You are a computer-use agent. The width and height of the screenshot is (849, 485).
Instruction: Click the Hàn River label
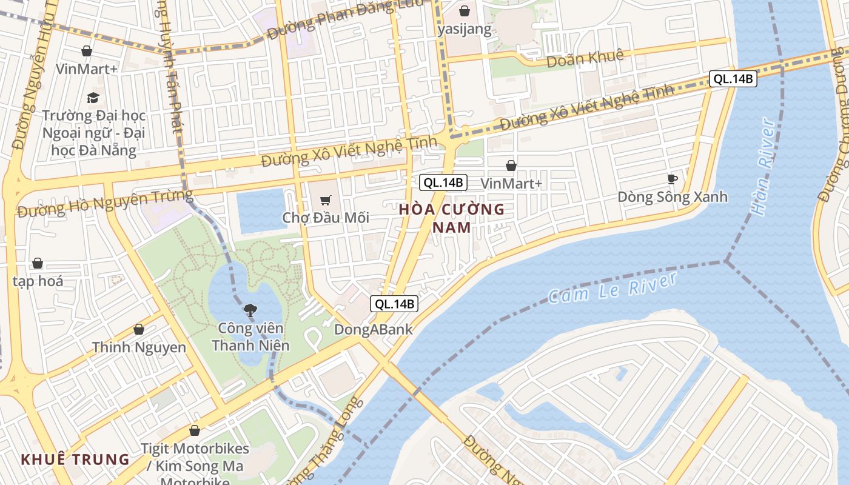(763, 167)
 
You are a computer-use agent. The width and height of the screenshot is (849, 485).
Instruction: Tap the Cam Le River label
(612, 288)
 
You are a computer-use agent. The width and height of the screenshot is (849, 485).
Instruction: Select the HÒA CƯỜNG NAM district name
(452, 218)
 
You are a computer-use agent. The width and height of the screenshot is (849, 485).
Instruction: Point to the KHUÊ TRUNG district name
(76, 459)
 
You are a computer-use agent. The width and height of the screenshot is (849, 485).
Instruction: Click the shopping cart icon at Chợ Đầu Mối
(326, 200)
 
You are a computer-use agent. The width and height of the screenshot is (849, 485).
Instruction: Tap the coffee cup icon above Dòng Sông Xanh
(672, 178)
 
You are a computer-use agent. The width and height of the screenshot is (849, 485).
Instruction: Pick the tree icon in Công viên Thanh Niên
(249, 310)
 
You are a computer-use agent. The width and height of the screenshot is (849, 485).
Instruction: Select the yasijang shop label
(465, 29)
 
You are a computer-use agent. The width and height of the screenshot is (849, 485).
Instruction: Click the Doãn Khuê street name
(585, 59)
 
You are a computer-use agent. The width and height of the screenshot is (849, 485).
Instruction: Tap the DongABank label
(374, 330)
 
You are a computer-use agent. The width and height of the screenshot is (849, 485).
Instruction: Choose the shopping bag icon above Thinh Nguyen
(139, 329)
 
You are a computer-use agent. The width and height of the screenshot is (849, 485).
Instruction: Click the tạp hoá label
(38, 281)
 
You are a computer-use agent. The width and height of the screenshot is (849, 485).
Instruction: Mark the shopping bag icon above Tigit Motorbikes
(195, 430)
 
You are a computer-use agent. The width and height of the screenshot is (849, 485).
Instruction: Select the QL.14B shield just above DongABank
(395, 304)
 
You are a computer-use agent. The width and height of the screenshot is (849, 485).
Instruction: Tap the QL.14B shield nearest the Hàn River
(733, 78)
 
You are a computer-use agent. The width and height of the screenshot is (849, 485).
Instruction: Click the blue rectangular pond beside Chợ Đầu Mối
(261, 210)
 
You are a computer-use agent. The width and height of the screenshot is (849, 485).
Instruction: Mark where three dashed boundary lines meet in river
(726, 261)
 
